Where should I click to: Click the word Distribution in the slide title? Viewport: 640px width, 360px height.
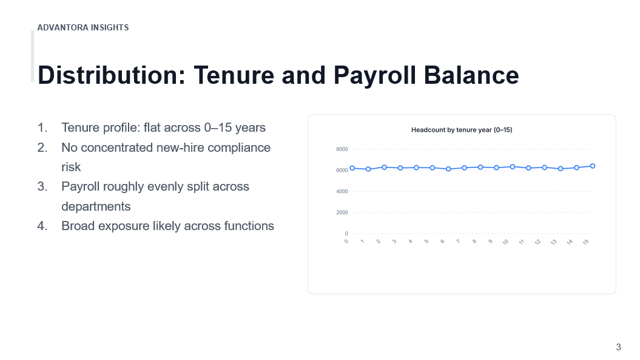(x=112, y=75)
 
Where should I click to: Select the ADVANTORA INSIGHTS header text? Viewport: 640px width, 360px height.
(x=83, y=27)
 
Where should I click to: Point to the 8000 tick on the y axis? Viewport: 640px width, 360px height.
(x=342, y=149)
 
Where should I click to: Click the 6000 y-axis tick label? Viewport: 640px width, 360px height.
(x=342, y=171)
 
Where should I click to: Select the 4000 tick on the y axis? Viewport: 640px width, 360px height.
(x=342, y=191)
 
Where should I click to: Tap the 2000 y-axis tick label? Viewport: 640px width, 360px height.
(x=342, y=212)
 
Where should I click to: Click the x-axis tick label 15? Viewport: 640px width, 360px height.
(x=586, y=242)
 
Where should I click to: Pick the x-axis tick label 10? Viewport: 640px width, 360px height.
(x=505, y=242)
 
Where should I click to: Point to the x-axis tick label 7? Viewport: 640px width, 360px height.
(x=459, y=242)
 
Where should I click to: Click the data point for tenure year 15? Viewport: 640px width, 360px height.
(x=593, y=166)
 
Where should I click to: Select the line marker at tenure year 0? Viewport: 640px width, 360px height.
(x=352, y=168)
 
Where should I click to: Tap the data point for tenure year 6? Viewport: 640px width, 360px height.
(x=448, y=169)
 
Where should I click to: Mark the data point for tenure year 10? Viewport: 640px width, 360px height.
(x=513, y=167)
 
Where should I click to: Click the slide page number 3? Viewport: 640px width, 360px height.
(x=618, y=347)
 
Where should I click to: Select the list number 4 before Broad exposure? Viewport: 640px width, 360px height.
(x=42, y=226)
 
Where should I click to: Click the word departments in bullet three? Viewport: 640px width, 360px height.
(x=96, y=206)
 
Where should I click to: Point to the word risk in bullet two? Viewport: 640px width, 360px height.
(x=71, y=167)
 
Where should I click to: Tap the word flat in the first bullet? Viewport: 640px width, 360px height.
(x=152, y=127)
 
